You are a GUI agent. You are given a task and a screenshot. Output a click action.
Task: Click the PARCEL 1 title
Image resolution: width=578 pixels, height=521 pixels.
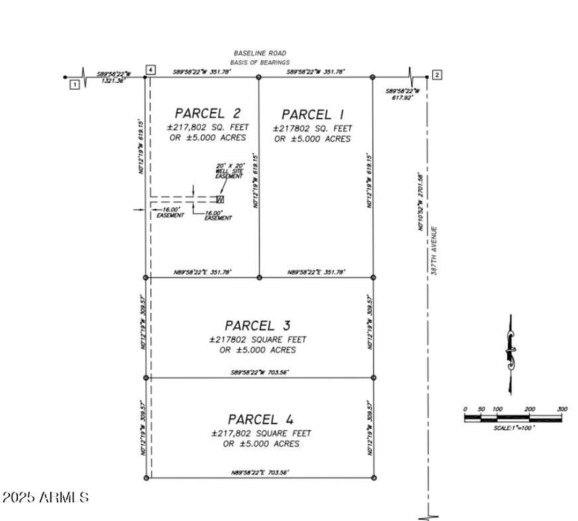click(312, 114)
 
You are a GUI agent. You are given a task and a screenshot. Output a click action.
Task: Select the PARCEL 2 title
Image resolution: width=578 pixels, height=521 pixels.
click(207, 113)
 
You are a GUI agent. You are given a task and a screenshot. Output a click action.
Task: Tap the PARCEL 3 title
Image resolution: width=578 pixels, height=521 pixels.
click(259, 326)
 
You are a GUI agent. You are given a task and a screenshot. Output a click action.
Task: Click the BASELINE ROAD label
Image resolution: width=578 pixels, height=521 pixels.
click(260, 53)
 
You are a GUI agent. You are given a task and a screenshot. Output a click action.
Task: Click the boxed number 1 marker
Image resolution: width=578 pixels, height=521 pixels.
click(74, 85)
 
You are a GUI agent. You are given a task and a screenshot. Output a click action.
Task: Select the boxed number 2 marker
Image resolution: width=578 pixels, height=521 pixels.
click(437, 75)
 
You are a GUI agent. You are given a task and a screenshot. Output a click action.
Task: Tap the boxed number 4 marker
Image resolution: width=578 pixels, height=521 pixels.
click(150, 69)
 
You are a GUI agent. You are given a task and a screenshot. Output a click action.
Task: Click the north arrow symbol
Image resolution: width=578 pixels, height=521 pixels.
click(510, 354)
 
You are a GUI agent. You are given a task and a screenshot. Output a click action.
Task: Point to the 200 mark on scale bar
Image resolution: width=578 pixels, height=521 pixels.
click(530, 409)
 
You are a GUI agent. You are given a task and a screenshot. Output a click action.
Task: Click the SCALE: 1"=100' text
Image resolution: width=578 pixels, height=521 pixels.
click(514, 428)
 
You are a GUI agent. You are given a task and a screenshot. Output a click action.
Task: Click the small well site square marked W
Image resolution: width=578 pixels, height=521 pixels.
click(220, 199)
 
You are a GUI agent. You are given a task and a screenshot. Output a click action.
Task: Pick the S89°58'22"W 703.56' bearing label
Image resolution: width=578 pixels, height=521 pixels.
click(260, 372)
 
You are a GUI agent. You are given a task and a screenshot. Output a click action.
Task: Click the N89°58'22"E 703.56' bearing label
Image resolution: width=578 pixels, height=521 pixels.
click(260, 473)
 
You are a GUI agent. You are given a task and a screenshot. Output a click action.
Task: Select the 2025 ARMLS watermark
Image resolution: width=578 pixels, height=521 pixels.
click(46, 498)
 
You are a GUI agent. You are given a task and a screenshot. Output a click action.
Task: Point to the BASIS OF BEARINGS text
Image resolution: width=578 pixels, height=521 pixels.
click(260, 62)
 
